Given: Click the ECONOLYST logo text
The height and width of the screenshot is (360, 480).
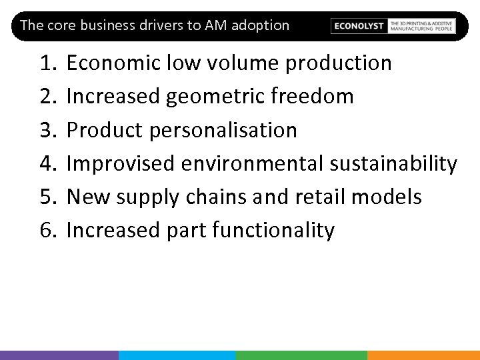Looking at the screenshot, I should point(359,26).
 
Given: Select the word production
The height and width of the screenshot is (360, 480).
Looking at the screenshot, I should point(339,63).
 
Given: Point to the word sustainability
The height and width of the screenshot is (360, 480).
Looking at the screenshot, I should point(393,164).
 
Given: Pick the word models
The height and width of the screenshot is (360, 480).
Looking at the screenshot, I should point(387,197).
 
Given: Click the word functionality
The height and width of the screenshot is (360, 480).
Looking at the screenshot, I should point(273,231).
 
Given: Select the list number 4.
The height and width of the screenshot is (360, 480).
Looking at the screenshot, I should point(47,164).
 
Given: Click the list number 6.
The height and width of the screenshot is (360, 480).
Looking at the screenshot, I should point(47,231).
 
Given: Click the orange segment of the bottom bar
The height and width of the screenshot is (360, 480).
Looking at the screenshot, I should point(423,355).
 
